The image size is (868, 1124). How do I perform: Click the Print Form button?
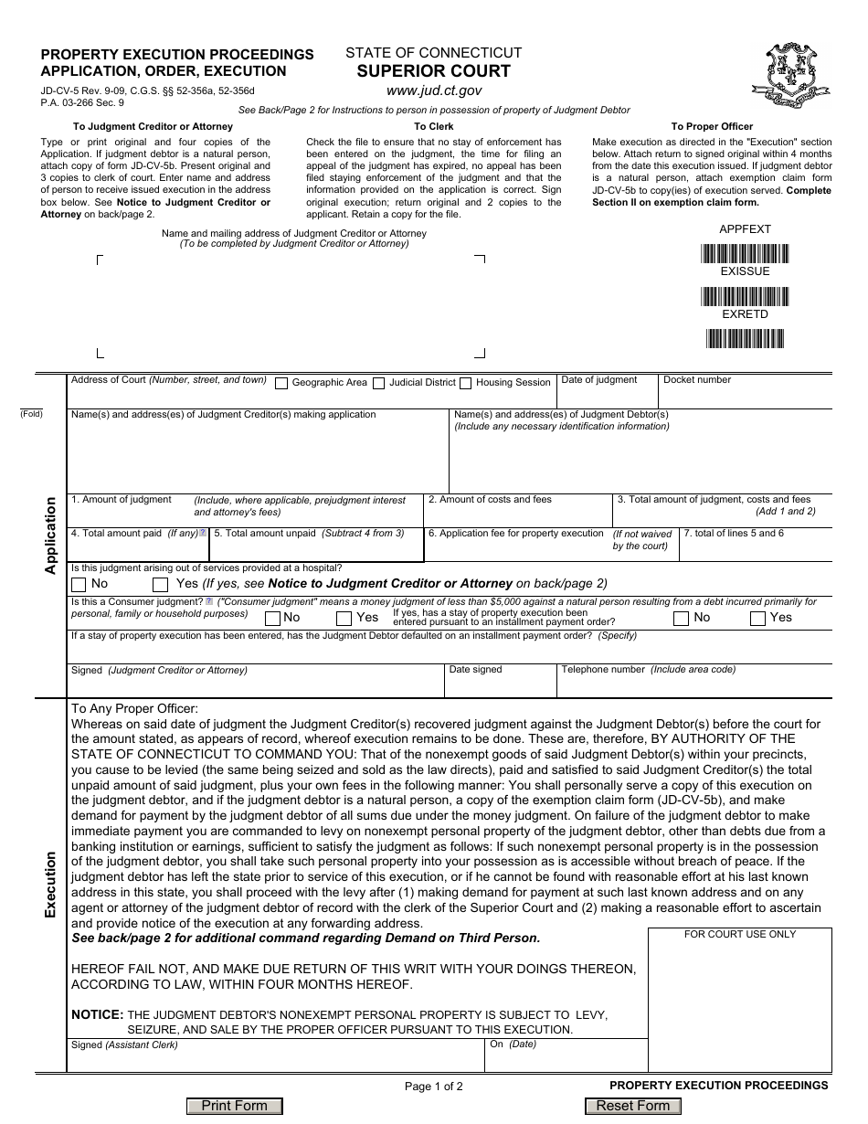(235, 1106)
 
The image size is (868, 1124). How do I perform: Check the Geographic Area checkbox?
(281, 383)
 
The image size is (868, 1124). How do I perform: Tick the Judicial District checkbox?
(378, 383)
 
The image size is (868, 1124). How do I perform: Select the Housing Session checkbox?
(466, 383)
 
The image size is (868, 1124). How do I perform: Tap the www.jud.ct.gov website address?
(433, 90)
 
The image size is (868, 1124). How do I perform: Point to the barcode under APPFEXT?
(745, 253)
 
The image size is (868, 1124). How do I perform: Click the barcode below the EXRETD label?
(745, 339)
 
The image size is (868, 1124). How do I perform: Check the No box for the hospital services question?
(79, 584)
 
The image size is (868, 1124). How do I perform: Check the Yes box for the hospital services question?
(161, 584)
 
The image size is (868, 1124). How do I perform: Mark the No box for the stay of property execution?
(681, 618)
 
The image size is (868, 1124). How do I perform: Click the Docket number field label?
(697, 379)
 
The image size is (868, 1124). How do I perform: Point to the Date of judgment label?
(599, 379)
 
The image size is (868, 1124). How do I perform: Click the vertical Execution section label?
(50, 884)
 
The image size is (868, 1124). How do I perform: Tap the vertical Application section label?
(50, 535)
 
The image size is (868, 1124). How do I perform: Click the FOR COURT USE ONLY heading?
(740, 934)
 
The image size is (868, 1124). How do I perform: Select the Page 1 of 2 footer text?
(434, 1087)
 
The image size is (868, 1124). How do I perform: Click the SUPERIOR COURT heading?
(433, 71)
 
